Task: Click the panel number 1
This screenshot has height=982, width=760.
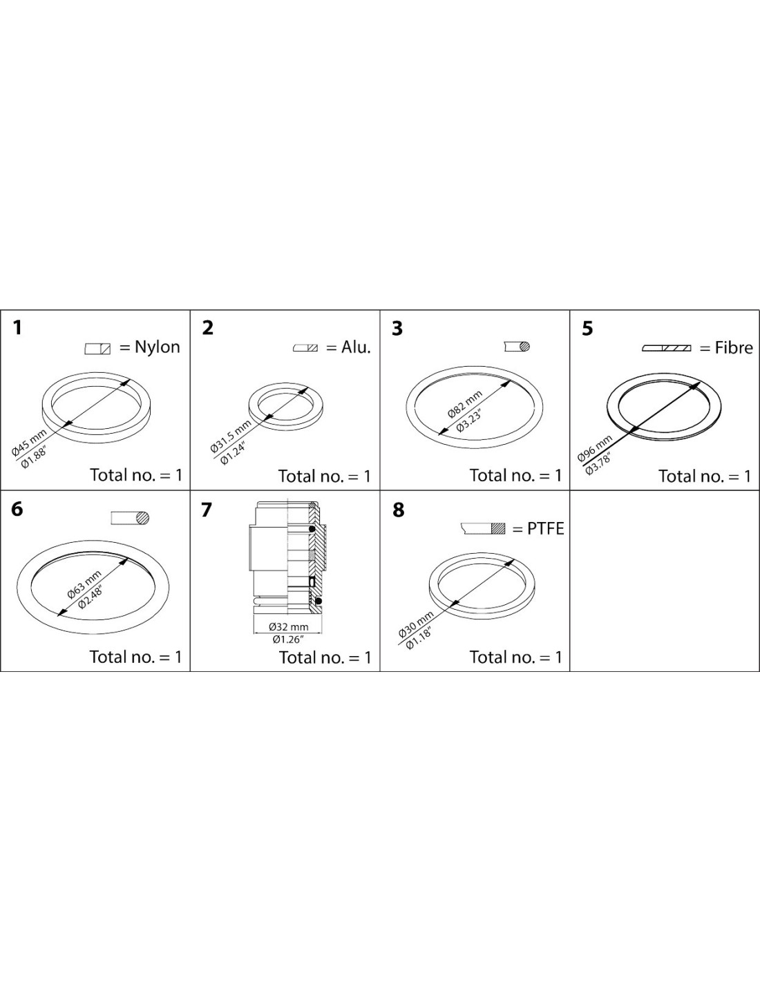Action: (x=17, y=328)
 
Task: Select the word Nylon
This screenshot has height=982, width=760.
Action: (x=158, y=347)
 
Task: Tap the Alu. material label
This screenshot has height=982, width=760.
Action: (x=356, y=347)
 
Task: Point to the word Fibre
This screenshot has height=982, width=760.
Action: (x=734, y=347)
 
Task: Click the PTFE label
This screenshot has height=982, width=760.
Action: (x=545, y=529)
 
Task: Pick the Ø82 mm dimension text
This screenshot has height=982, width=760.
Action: (x=465, y=403)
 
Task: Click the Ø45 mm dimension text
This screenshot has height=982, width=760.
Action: (x=29, y=442)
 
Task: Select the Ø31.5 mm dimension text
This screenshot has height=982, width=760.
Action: (x=231, y=436)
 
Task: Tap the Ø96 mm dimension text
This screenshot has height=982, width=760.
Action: (x=594, y=448)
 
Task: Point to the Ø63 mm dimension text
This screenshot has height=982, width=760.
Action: (x=84, y=584)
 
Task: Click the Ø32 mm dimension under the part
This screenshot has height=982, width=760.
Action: (x=288, y=627)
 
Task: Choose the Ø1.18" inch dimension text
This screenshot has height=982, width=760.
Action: (x=420, y=637)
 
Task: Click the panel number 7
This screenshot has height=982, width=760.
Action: (x=206, y=510)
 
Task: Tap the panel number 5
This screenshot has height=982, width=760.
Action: (x=587, y=329)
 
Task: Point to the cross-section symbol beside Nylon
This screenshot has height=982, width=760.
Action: (x=97, y=349)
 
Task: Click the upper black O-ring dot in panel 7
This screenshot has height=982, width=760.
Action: (x=312, y=529)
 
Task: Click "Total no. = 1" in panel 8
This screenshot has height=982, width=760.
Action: (x=515, y=657)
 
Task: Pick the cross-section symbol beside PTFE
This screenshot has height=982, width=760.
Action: (x=483, y=528)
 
